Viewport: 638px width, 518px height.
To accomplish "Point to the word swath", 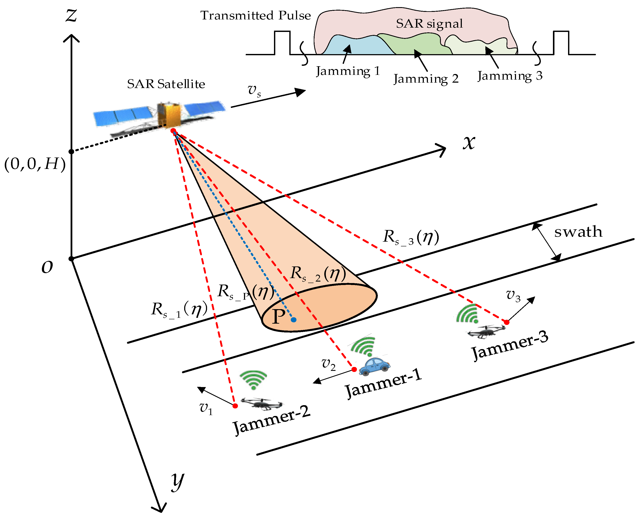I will coord(578,232).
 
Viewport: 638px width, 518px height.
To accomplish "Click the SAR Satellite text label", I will coord(166,84).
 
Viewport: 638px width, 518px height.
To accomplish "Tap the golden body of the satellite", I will coord(169,115).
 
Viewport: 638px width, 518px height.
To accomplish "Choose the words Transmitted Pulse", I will coord(255,16).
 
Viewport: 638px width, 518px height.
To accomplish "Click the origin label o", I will coord(47,266).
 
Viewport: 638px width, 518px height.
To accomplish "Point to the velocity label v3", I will coord(513,296).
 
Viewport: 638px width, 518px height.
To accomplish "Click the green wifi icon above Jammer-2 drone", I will coord(253,379).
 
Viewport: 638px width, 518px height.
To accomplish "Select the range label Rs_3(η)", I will coord(411,238).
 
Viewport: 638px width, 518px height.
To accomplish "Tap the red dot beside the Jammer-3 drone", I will coord(507,322).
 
